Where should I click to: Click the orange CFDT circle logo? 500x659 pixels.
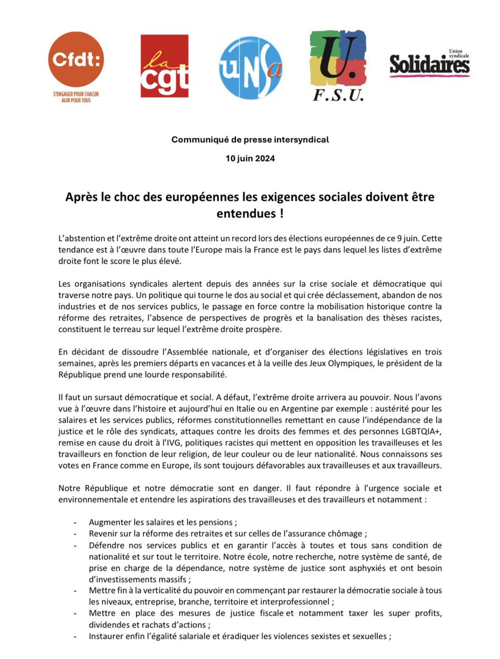tap(76, 59)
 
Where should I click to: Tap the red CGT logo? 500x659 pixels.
tap(164, 66)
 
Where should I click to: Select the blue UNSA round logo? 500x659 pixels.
tap(251, 68)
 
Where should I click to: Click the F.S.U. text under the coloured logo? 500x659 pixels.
tap(339, 96)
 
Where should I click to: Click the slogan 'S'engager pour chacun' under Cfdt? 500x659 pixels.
tap(76, 94)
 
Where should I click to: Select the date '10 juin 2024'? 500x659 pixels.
tap(250, 159)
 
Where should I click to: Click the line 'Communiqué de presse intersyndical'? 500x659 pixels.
tap(250, 140)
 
